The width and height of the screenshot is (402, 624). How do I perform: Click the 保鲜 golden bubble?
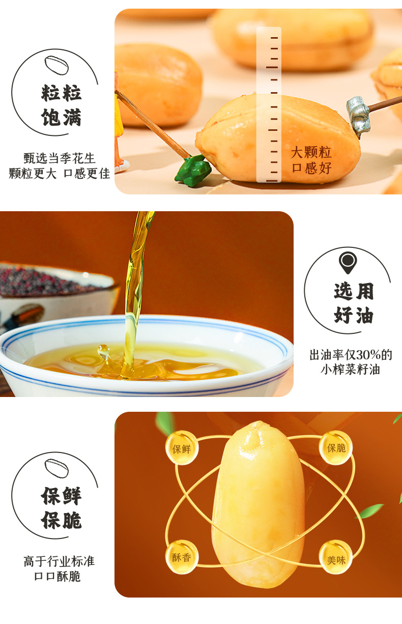[x=182, y=448]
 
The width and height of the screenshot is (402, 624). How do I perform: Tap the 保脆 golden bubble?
[x=336, y=448]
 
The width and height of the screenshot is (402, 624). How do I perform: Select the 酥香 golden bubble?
[x=182, y=557]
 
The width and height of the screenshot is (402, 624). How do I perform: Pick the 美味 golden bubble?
[x=336, y=557]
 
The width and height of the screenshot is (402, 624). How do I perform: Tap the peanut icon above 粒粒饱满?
[x=57, y=66]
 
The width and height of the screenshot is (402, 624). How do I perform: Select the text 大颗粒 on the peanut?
[x=311, y=152]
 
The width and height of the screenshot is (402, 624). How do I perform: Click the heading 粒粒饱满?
[x=61, y=105]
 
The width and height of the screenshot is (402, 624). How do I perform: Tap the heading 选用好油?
[x=354, y=303]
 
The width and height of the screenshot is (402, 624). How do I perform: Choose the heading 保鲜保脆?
[x=61, y=508]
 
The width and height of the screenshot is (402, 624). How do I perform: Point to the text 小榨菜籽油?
[x=351, y=370]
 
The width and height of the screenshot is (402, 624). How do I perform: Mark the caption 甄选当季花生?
[x=60, y=158]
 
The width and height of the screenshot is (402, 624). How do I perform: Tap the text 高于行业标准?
[x=59, y=561]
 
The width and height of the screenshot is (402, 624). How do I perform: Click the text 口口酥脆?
[x=58, y=576]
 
